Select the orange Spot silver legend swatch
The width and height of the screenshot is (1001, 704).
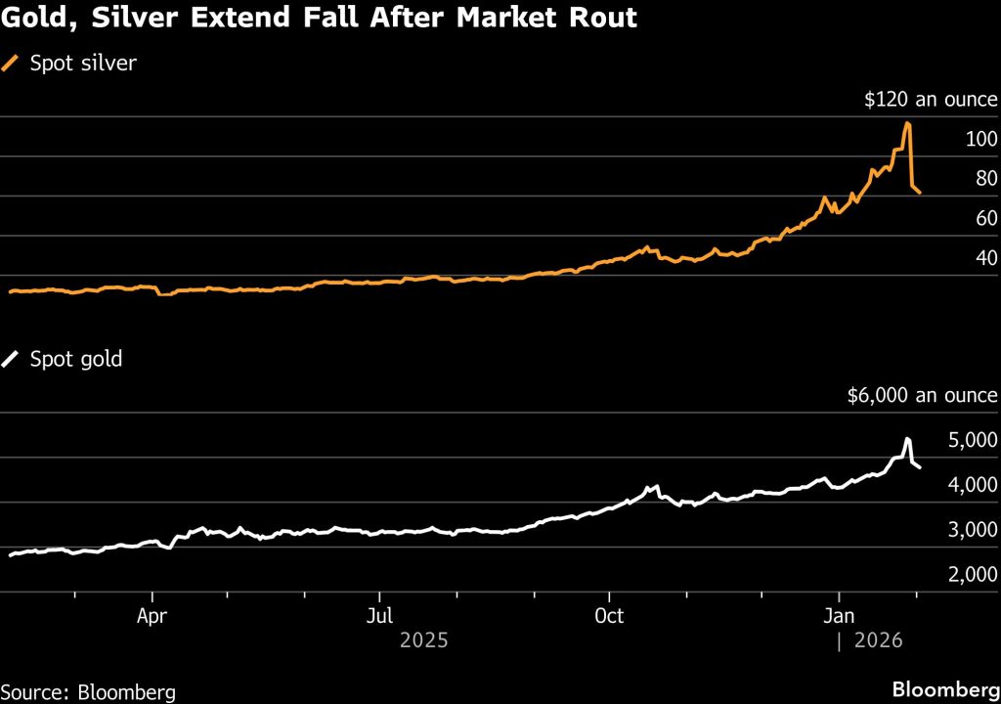point(12,64)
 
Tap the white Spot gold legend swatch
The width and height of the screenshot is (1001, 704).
point(12,359)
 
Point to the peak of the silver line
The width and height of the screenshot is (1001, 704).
point(907,123)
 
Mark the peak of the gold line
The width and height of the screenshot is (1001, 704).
point(907,439)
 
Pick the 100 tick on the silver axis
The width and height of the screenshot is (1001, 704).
point(981,139)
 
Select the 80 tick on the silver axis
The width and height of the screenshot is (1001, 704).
point(986,179)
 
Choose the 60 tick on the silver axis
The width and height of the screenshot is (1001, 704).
point(986,218)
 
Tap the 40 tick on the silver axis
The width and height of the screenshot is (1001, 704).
point(986,258)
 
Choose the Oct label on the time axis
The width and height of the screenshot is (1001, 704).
point(609,618)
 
